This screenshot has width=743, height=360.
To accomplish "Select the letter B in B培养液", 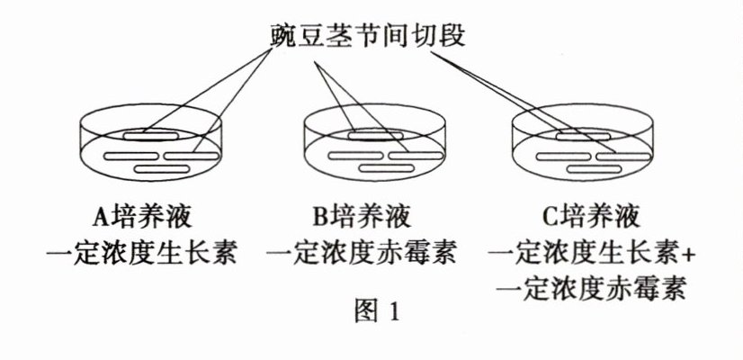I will (321, 216).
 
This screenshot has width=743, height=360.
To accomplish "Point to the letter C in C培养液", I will (549, 216).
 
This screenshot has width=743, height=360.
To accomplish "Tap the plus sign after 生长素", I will (690, 254).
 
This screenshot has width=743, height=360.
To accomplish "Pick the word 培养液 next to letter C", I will (601, 216).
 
